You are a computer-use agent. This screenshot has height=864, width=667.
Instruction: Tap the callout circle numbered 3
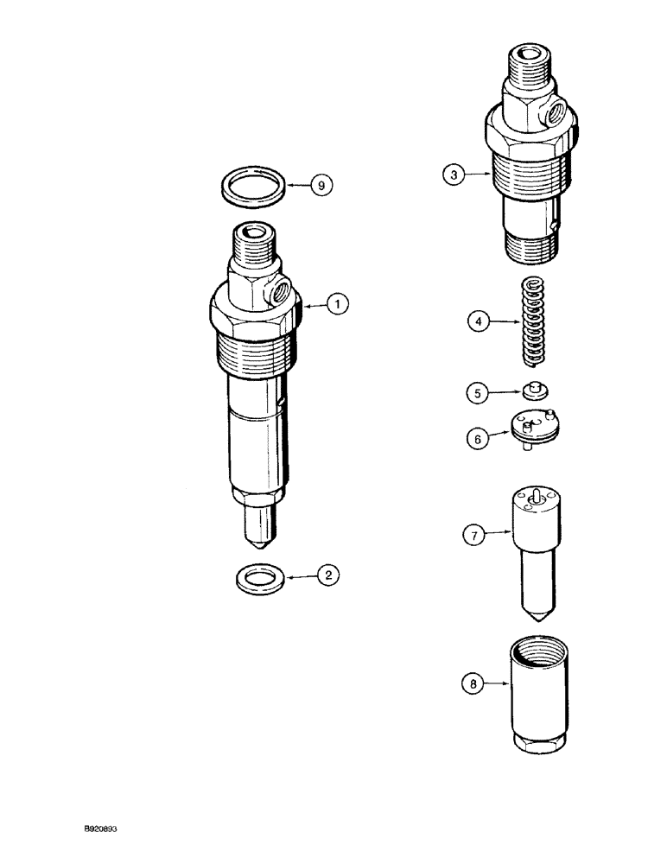[x=452, y=175]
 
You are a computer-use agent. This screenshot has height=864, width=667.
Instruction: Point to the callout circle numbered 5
[x=476, y=393]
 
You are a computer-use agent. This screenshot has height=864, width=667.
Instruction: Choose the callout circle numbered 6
[x=476, y=439]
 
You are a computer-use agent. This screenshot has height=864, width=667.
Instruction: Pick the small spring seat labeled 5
[x=536, y=393]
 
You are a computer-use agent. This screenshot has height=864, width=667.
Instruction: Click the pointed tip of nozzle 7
[x=538, y=619]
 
